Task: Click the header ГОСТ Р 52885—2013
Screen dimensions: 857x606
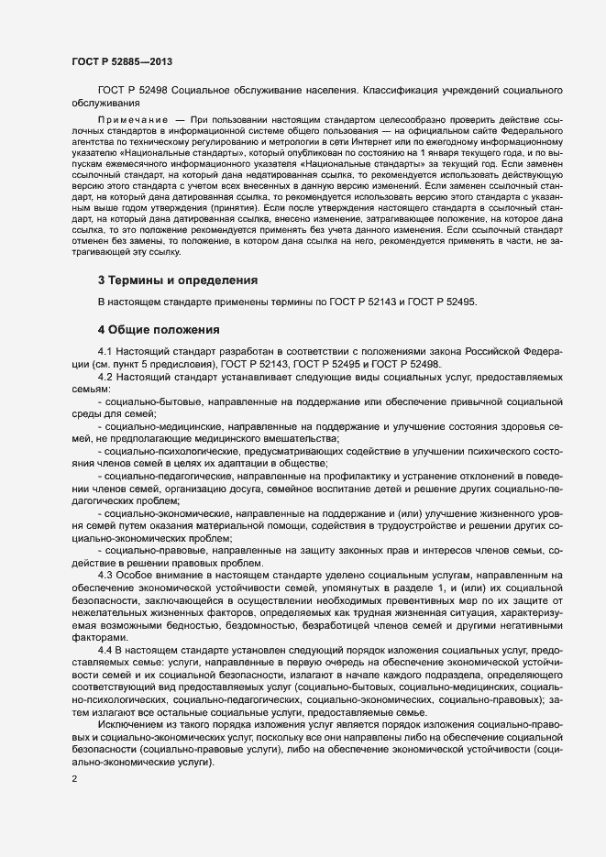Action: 121,62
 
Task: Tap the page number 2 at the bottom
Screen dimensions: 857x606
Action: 74,780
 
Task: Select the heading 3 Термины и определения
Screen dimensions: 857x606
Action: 177,280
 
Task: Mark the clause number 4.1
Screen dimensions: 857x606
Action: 105,352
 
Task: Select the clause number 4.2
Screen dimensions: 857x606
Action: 105,377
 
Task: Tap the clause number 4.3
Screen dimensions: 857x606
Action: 105,575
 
